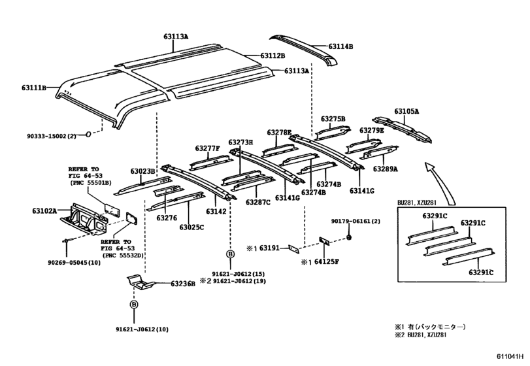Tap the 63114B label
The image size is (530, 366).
(x=340, y=46)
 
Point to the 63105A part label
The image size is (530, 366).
(x=406, y=112)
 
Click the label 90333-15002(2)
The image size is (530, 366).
(x=52, y=135)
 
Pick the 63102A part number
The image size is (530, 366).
(x=43, y=211)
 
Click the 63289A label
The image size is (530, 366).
(x=386, y=169)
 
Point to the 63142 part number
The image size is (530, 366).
(x=216, y=211)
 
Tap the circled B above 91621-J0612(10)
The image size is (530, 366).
(x=134, y=304)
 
